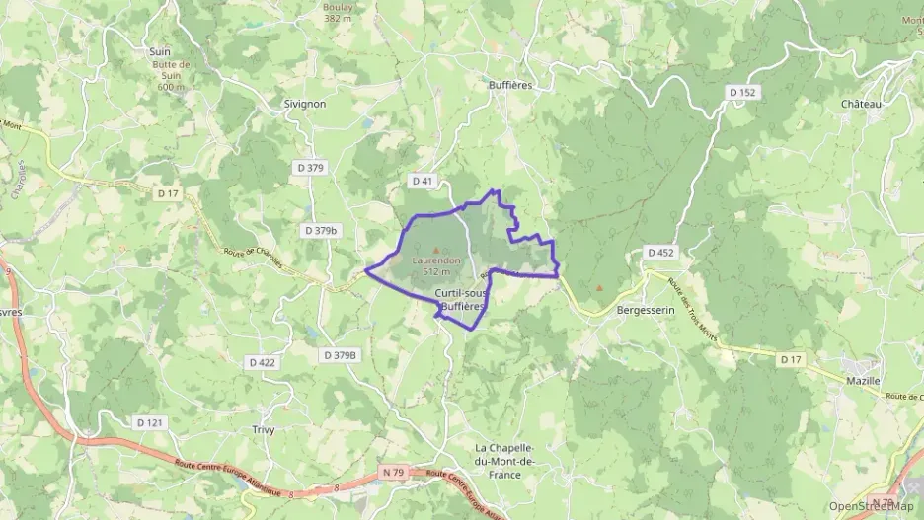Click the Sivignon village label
[304, 103]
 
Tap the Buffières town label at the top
[510, 86]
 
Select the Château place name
[861, 104]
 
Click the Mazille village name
[864, 380]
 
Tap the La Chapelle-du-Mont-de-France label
[503, 461]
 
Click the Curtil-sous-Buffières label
[459, 300]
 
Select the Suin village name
[159, 51]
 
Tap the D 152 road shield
[742, 92]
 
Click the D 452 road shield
[660, 253]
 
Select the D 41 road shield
[422, 181]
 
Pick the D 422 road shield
[263, 362]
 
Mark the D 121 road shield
[148, 422]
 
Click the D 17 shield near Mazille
[790, 359]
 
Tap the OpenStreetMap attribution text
[872, 506]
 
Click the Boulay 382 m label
[338, 12]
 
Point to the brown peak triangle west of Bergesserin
[599, 289]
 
